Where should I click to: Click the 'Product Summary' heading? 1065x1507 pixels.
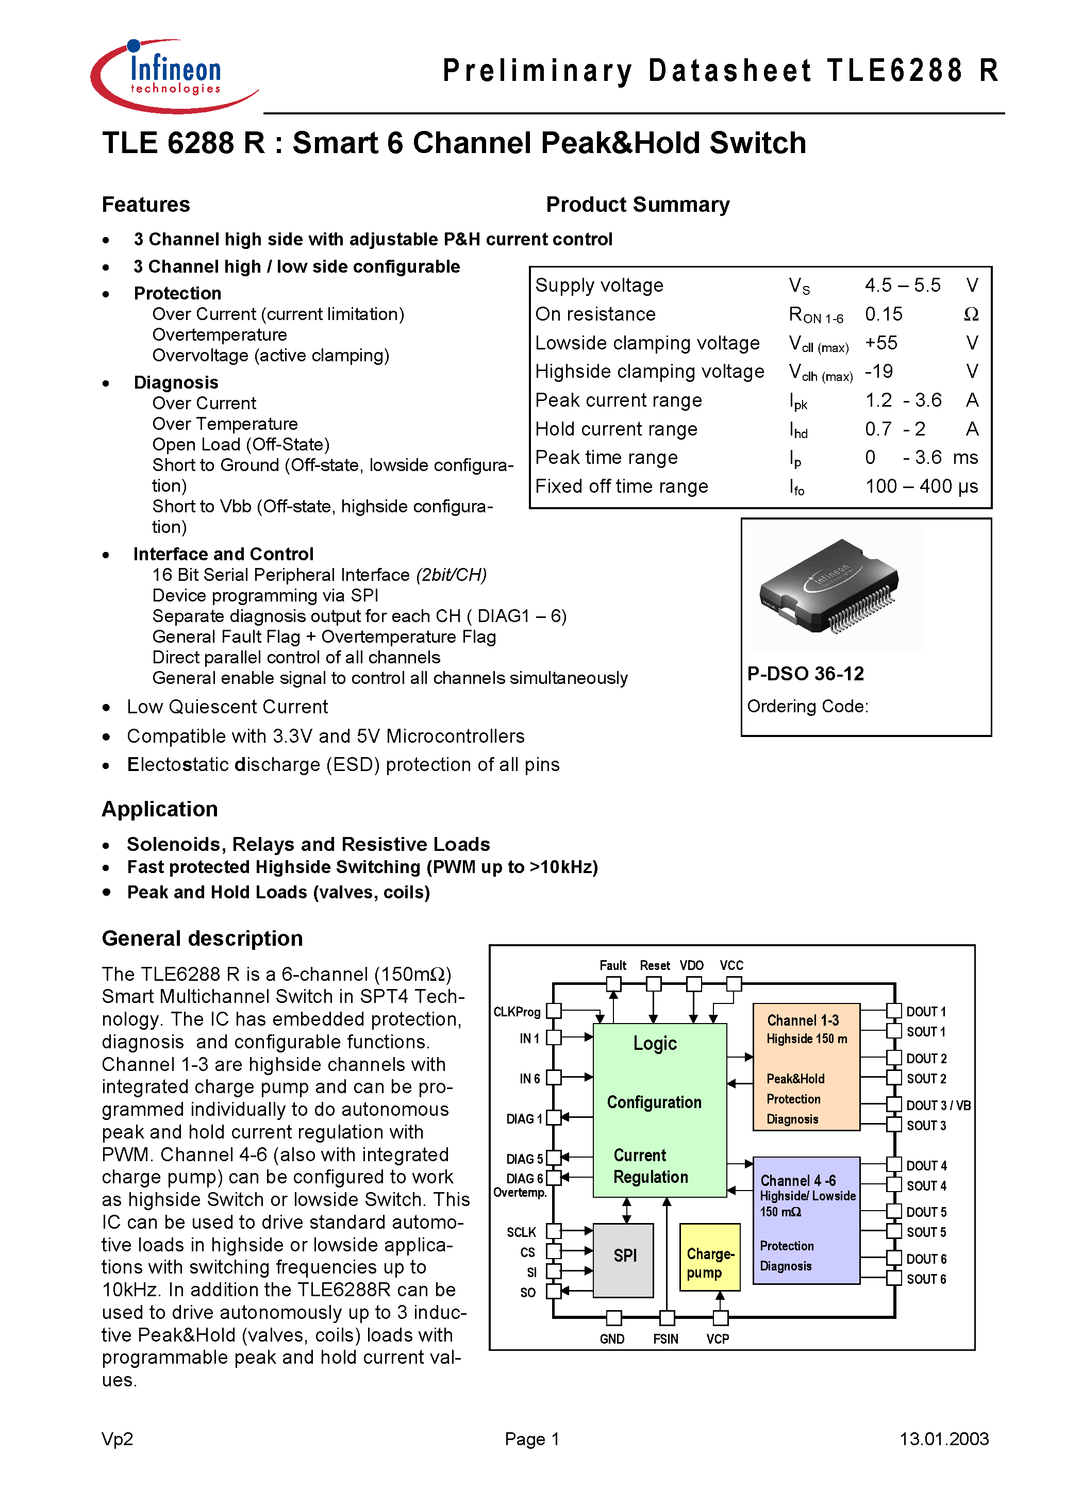pyautogui.click(x=637, y=205)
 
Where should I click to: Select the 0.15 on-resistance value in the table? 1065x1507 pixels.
pyautogui.click(x=883, y=314)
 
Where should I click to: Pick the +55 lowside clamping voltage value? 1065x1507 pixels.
pyautogui.click(x=880, y=343)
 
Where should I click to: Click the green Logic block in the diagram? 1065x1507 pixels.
pyautogui.click(x=659, y=1109)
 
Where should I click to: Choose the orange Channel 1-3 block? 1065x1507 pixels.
pyautogui.click(x=805, y=1066)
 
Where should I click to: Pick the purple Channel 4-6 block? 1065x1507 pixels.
pyautogui.click(x=805, y=1219)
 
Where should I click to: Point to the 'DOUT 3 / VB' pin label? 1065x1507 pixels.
pyautogui.click(x=938, y=1106)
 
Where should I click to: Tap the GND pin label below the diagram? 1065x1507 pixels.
pyautogui.click(x=611, y=1339)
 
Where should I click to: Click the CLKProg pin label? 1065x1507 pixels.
pyautogui.click(x=516, y=1011)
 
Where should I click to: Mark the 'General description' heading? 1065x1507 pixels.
pyautogui.click(x=202, y=939)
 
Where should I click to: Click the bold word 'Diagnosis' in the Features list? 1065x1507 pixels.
pyautogui.click(x=175, y=382)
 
